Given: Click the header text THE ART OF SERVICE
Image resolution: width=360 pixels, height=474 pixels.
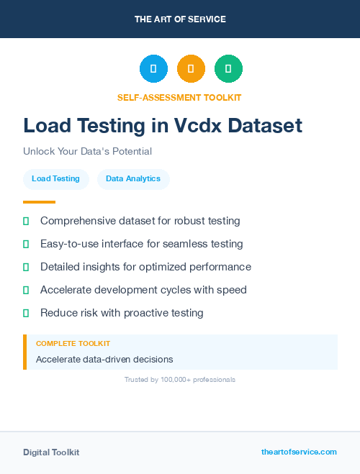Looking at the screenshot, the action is (x=180, y=19).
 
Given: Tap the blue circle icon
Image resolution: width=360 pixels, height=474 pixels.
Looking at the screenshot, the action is (x=153, y=69).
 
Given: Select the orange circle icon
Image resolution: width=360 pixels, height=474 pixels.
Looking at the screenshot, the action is (x=191, y=69).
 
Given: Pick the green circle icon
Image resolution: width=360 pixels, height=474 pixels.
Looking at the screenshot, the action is (x=228, y=69).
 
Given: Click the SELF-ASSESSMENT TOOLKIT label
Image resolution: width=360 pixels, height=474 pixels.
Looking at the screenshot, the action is (x=179, y=97).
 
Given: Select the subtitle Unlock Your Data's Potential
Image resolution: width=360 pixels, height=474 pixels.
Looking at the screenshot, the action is (x=87, y=151).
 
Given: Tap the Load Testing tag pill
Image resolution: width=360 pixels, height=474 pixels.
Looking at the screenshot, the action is (x=55, y=179).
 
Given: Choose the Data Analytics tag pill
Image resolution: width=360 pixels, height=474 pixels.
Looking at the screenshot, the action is (x=133, y=179).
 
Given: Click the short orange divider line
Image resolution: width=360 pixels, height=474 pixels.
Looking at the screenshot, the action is (x=39, y=202).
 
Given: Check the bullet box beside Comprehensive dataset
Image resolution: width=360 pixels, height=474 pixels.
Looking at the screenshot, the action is (x=26, y=221).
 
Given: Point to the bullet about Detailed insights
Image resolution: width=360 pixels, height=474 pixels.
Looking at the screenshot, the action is (x=145, y=267).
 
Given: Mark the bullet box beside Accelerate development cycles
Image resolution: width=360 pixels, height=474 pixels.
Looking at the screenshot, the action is (x=26, y=290).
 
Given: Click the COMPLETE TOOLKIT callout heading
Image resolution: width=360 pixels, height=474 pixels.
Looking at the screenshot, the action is (x=73, y=344).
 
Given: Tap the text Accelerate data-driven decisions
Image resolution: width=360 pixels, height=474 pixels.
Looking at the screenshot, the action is (x=104, y=359).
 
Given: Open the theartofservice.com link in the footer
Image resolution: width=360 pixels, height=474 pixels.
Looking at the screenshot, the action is (x=299, y=452).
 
